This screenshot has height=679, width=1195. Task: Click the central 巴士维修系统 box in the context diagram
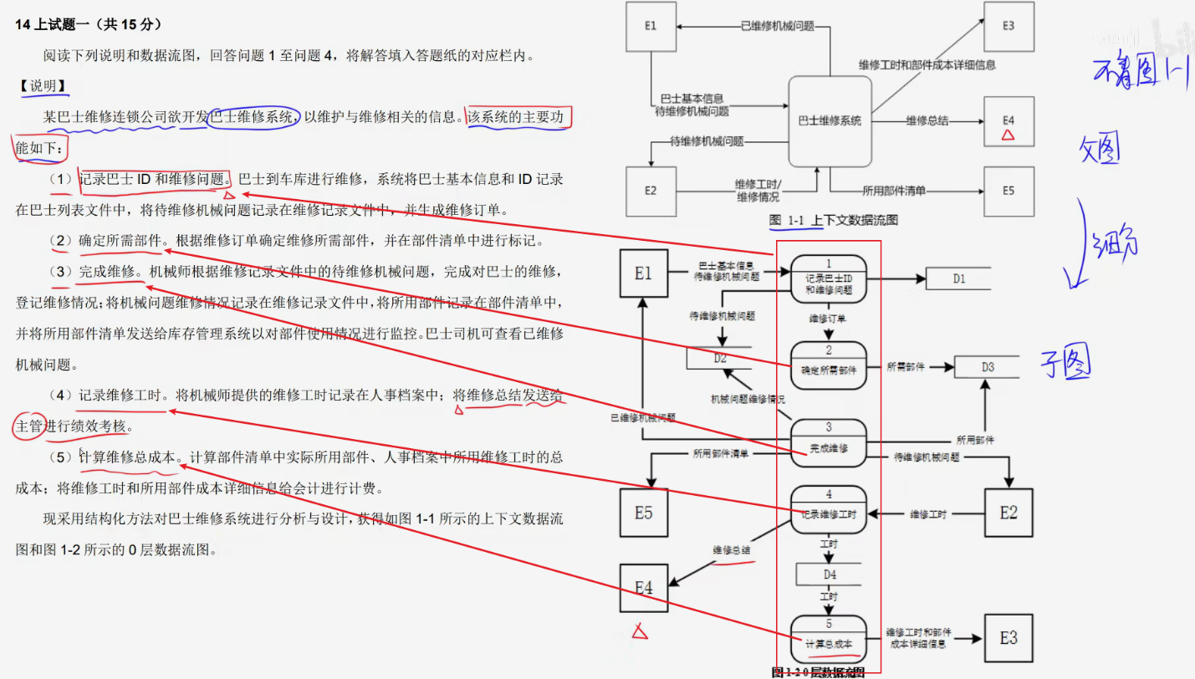click(x=830, y=121)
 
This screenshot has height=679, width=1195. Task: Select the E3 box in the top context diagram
click(x=1009, y=26)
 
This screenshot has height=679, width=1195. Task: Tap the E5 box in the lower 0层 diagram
click(x=643, y=512)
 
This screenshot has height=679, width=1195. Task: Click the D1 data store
click(x=958, y=278)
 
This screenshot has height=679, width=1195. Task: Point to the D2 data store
click(x=718, y=358)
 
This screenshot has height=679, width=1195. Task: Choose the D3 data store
click(x=988, y=366)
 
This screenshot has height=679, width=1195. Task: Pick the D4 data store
click(x=829, y=574)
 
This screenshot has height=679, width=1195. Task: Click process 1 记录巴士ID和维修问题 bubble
click(x=829, y=278)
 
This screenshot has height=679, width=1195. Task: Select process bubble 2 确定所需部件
click(x=829, y=365)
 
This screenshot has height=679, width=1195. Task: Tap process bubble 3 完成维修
click(x=829, y=443)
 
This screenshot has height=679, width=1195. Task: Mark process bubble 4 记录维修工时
click(x=829, y=509)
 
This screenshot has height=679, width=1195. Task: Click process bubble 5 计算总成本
click(x=829, y=638)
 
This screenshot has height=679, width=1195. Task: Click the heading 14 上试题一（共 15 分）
click(x=89, y=24)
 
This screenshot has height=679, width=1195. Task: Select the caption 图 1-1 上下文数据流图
click(x=834, y=220)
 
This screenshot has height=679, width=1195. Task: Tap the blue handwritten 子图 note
click(x=1065, y=362)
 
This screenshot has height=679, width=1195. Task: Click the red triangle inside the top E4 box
click(x=1009, y=134)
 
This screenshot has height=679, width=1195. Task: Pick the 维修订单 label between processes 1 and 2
click(x=828, y=319)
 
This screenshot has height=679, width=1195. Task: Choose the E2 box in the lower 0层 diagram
click(x=1009, y=512)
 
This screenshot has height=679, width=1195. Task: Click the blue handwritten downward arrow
click(x=1076, y=242)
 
